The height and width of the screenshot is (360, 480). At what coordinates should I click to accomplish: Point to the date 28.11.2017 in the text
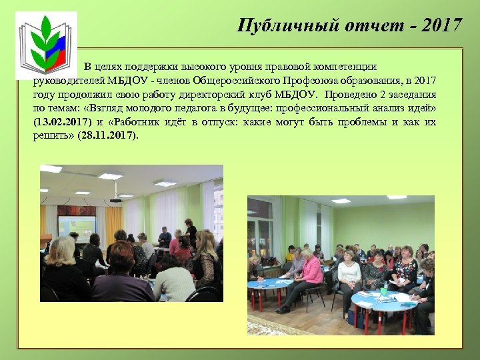(x=107, y=135)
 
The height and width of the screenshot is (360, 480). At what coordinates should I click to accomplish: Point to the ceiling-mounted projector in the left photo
(x=115, y=198)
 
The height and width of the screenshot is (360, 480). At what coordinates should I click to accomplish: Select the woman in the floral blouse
(x=404, y=270)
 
